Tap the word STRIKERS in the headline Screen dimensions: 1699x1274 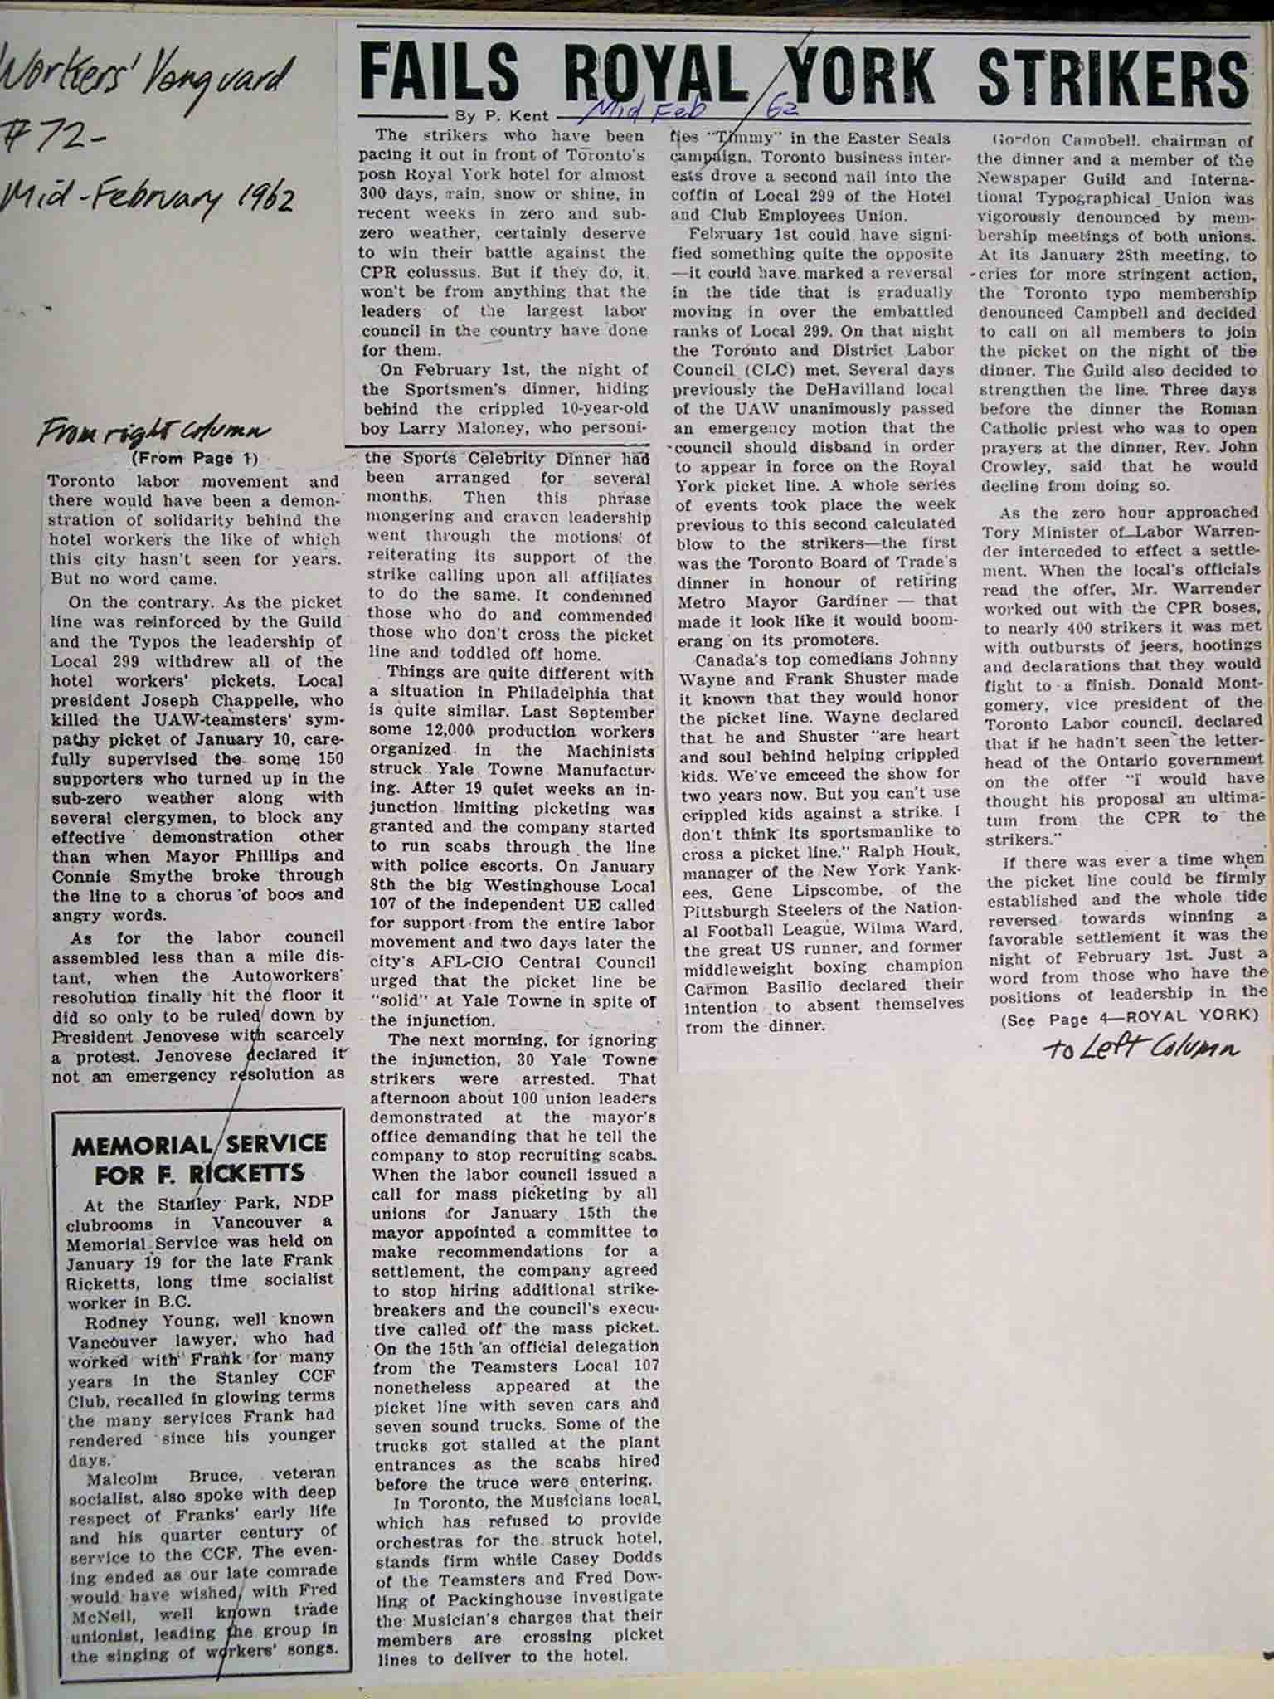[1112, 76]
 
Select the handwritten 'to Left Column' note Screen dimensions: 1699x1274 [1140, 1049]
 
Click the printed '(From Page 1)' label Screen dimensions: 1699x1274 [195, 459]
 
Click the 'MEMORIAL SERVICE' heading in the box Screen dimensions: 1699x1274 [199, 1146]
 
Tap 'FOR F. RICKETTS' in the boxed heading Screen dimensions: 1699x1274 [199, 1174]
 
